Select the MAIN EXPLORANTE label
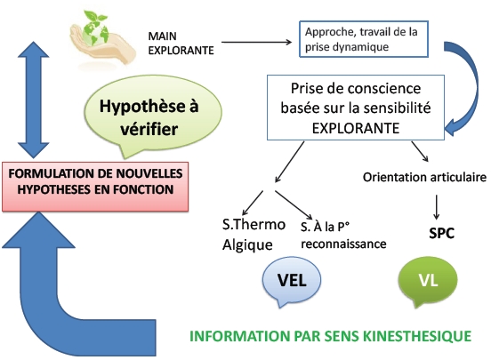[x=181, y=44]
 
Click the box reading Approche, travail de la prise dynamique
[x=364, y=39]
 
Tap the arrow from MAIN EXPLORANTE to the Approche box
[x=256, y=42]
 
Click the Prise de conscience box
[x=356, y=108]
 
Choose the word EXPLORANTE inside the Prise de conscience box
[x=356, y=128]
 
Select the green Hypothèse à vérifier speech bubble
[x=153, y=116]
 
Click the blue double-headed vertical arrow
[x=33, y=100]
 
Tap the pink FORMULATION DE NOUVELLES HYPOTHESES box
[x=95, y=187]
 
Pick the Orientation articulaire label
[x=424, y=177]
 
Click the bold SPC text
[x=441, y=233]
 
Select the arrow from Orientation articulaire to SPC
[x=436, y=207]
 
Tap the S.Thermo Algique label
[x=254, y=235]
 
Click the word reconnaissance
[x=343, y=244]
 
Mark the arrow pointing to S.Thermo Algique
[x=253, y=203]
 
